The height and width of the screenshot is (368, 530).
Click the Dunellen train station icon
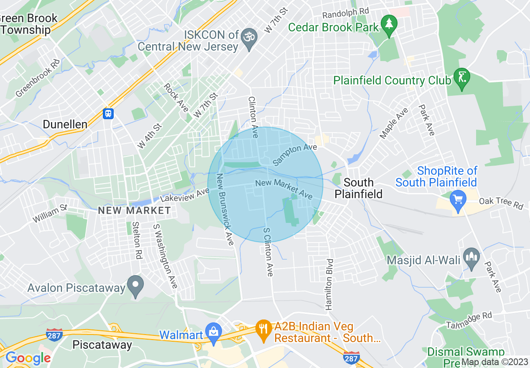(x=108, y=113)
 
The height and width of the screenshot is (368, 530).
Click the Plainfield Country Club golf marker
(x=461, y=78)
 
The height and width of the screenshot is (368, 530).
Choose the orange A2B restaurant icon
(x=263, y=329)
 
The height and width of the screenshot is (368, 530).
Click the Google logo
(x=28, y=358)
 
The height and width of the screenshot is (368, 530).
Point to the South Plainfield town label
(x=358, y=188)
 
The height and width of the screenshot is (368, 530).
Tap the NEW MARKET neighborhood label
(x=134, y=210)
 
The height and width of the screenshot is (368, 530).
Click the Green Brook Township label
(x=28, y=24)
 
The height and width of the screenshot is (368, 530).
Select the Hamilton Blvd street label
(x=330, y=284)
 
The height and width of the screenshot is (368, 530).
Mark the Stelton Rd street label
(x=136, y=240)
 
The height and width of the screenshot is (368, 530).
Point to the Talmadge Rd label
(x=469, y=319)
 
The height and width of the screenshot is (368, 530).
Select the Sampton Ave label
(x=295, y=155)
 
